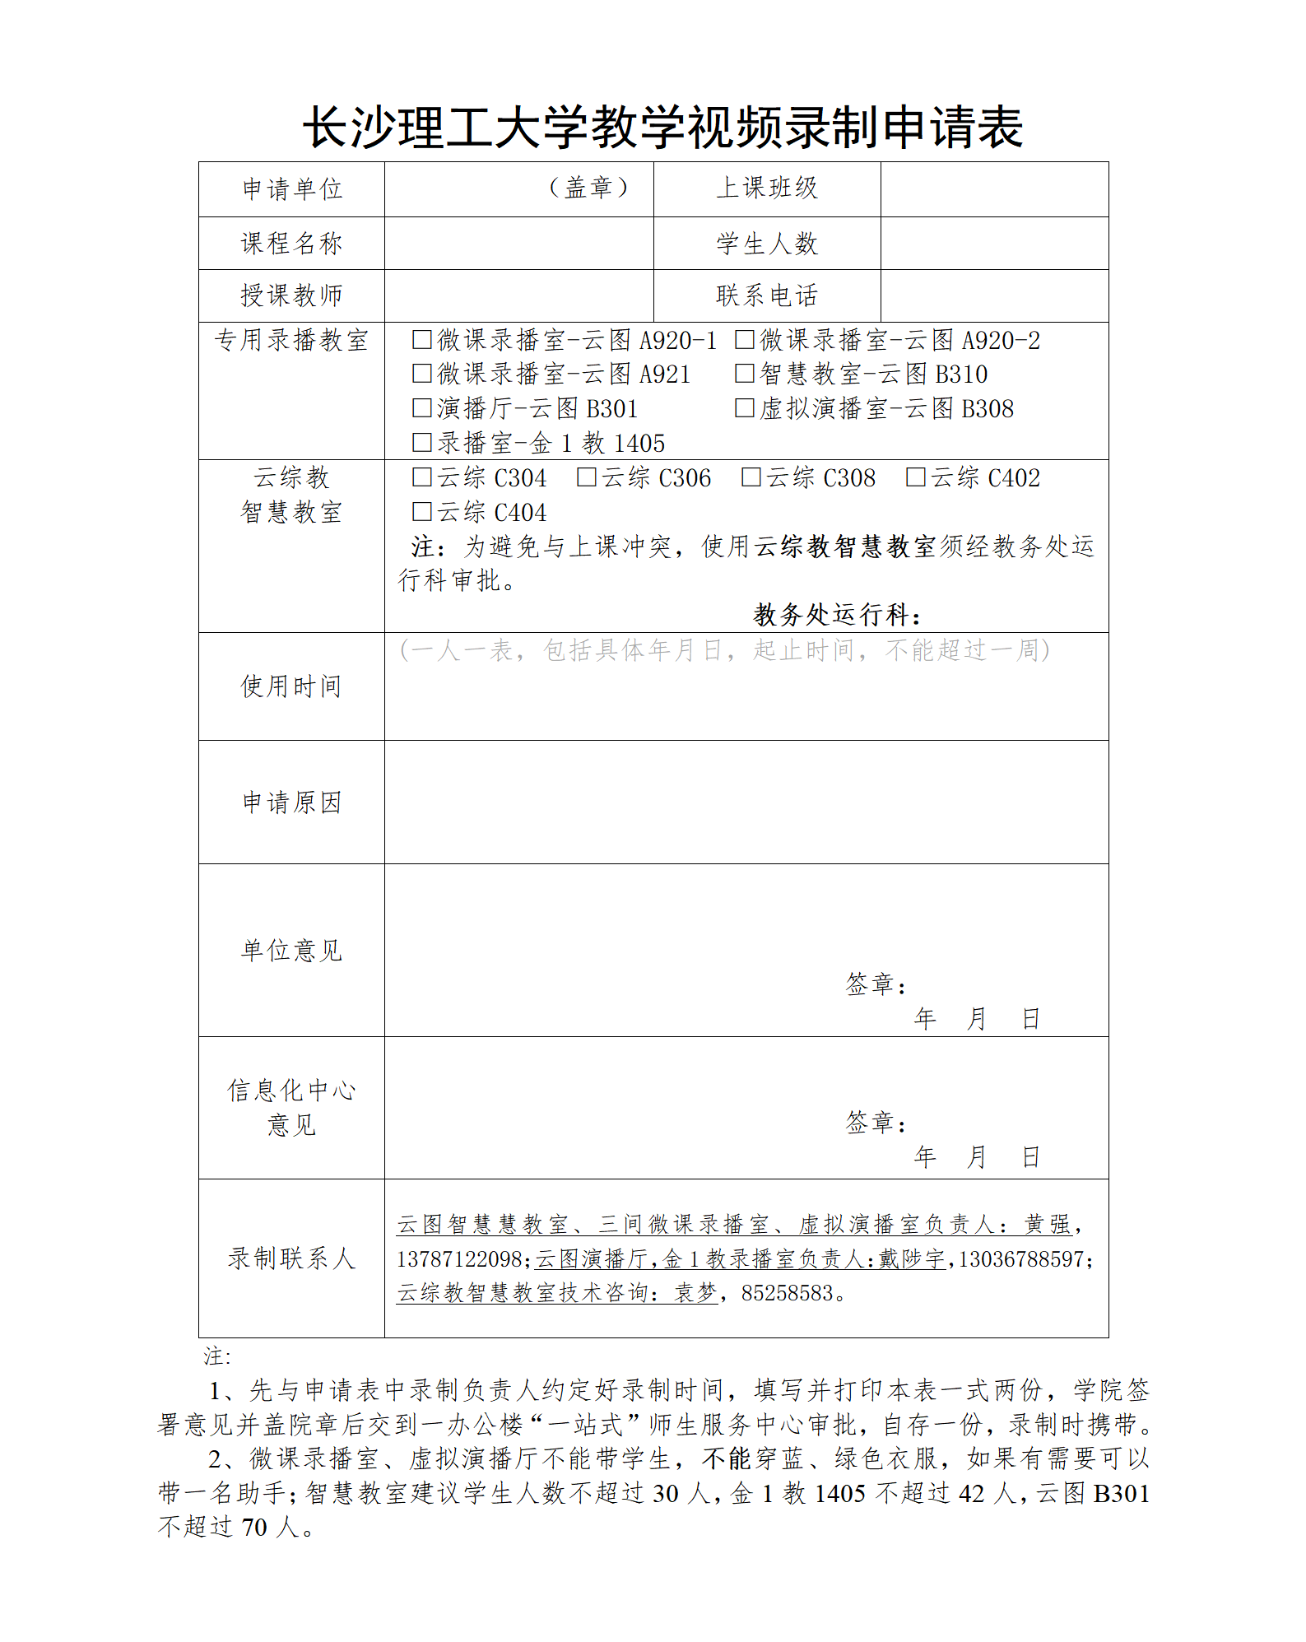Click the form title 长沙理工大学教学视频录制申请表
click(662, 128)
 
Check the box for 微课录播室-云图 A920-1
click(422, 339)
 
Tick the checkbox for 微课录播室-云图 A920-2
click(745, 339)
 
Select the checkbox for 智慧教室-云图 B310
click(745, 374)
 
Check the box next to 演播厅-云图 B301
click(422, 408)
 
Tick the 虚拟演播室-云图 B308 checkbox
click(745, 408)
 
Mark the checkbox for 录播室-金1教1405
click(422, 443)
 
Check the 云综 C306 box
click(587, 477)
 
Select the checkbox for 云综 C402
click(916, 477)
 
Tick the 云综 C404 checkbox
click(422, 512)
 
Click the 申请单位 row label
click(291, 189)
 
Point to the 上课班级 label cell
click(766, 188)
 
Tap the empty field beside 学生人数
click(994, 244)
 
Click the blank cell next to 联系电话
click(994, 295)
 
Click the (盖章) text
click(588, 188)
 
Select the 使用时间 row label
click(291, 686)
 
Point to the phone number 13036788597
click(1020, 1258)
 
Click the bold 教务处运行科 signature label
click(836, 614)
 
